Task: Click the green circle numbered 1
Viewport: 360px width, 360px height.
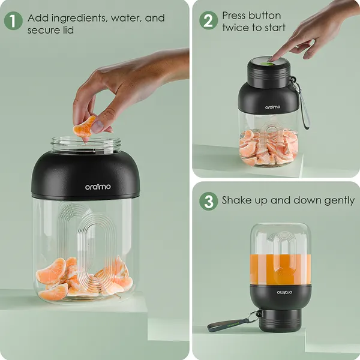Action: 13,20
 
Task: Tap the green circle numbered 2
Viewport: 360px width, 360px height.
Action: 208,20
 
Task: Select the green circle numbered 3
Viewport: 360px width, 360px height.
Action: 208,202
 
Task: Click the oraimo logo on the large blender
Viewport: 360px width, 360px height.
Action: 98,187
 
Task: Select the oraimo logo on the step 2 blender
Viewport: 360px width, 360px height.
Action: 272,107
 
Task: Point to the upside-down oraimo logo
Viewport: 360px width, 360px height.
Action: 284,292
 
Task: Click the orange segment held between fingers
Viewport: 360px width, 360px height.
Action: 84,127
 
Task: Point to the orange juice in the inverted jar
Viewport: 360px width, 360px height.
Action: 280,269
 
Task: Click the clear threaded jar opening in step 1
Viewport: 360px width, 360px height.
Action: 86,144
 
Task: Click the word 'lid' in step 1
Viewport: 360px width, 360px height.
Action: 68,31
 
